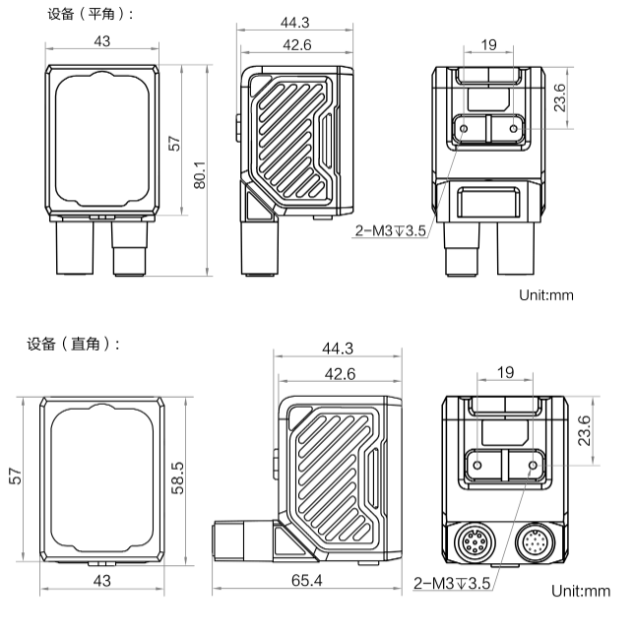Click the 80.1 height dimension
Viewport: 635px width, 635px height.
coord(199,174)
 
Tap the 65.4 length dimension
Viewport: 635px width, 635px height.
coord(307,581)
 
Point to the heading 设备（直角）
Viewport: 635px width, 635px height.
coord(75,344)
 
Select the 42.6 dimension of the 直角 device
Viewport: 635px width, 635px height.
coord(339,373)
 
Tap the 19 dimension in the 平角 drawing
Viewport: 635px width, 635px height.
coord(488,44)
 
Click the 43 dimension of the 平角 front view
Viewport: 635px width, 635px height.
coord(100,41)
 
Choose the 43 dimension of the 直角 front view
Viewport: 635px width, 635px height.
coord(101,581)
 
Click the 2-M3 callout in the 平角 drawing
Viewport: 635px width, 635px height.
coord(390,232)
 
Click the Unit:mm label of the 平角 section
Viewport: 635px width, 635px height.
coord(545,293)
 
